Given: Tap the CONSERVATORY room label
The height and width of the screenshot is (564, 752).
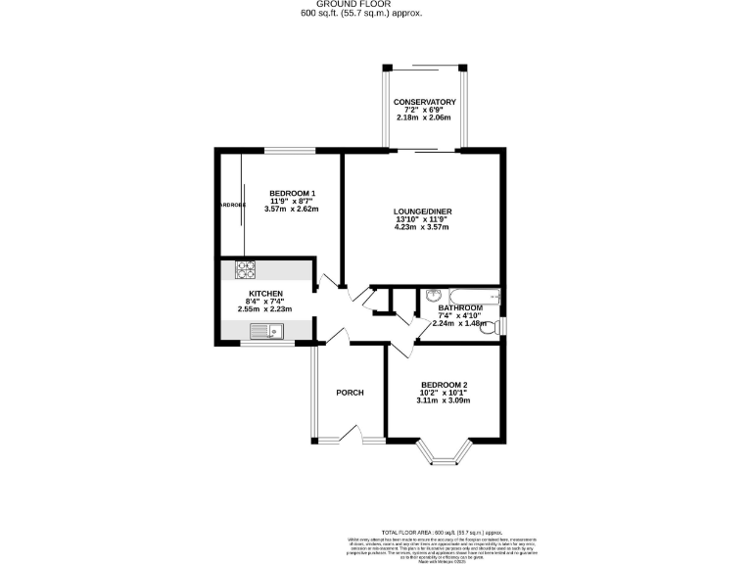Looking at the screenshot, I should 425,103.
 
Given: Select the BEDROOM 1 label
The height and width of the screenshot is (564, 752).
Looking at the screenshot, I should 293,192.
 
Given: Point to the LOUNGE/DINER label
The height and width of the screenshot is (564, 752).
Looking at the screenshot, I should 421,211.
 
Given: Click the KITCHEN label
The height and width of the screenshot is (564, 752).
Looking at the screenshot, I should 265,294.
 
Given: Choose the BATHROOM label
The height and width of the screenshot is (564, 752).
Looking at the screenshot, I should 460,307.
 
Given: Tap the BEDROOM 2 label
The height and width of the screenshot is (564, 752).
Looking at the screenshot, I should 444,385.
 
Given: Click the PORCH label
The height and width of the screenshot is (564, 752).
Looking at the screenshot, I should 350,393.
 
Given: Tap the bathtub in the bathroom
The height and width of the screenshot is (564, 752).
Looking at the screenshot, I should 460,296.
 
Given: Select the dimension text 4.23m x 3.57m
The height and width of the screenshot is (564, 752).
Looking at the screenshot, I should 421,227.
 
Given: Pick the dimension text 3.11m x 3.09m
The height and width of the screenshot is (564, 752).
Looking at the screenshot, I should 444,400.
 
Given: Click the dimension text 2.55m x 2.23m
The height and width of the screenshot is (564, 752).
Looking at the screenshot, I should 265,309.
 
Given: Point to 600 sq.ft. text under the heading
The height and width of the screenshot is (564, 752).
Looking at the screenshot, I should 321,14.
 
